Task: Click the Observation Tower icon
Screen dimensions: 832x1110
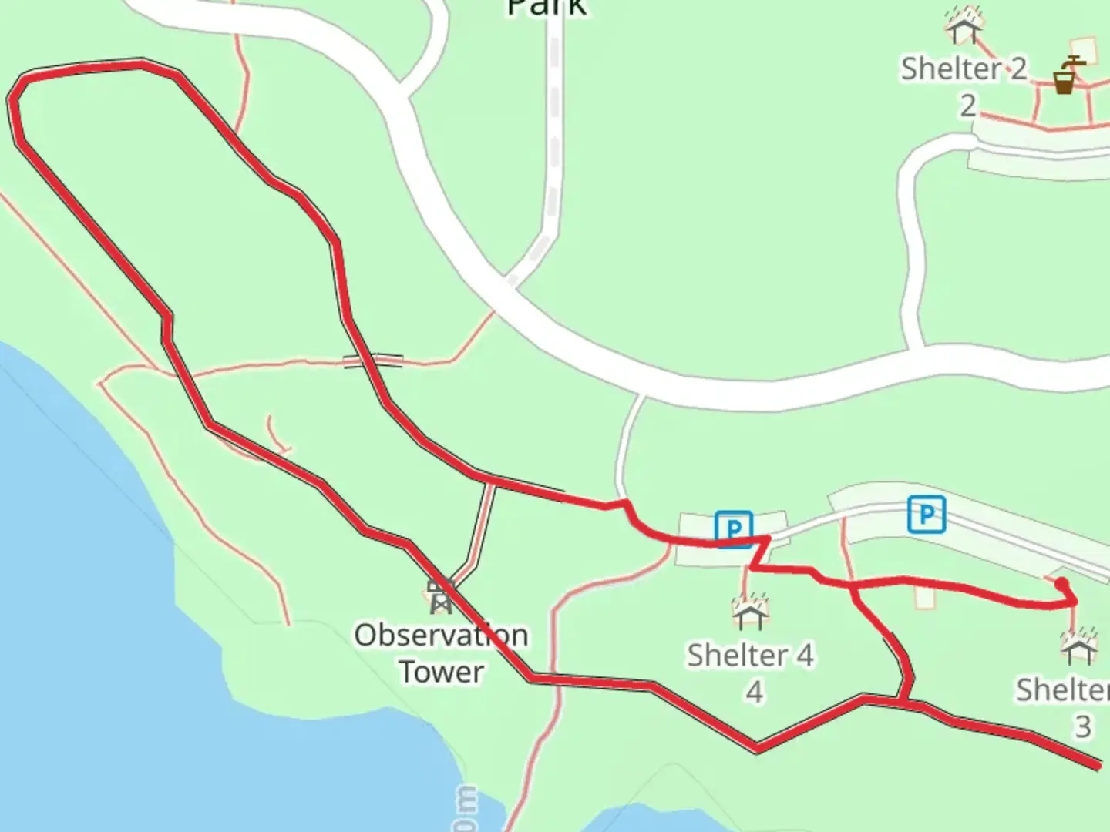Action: point(440,596)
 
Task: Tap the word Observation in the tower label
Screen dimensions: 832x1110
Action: point(441,636)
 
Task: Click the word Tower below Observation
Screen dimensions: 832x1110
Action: point(441,671)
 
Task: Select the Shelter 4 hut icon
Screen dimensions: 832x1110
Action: point(748,612)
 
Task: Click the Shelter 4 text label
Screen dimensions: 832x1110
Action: point(750,656)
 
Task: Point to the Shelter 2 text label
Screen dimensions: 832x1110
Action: point(964,69)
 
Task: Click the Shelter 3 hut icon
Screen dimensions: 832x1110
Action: point(1078,646)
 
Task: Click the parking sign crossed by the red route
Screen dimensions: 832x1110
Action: point(733,528)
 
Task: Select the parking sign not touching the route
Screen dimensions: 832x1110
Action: point(926,514)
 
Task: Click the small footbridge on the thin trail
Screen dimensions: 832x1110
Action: point(373,361)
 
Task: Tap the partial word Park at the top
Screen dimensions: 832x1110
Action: point(547,8)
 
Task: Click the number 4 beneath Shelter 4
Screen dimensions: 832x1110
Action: point(754,692)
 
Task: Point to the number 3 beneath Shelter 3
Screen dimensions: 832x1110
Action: point(1083,726)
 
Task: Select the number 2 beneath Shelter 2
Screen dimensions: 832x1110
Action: point(968,106)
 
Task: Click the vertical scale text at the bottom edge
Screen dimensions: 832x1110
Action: point(466,809)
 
